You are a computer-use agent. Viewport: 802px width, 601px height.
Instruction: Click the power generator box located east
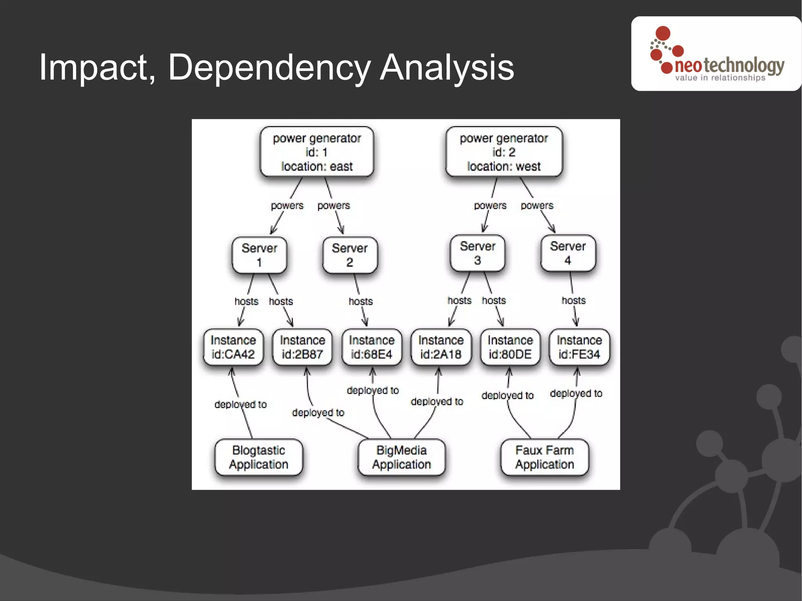pyautogui.click(x=317, y=152)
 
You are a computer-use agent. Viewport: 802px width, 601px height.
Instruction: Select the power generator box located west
pyautogui.click(x=504, y=152)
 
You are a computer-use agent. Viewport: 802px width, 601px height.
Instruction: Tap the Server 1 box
pyautogui.click(x=259, y=255)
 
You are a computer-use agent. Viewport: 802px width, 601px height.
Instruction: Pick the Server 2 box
pyautogui.click(x=350, y=255)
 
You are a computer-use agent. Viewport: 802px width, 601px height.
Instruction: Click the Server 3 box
pyautogui.click(x=477, y=253)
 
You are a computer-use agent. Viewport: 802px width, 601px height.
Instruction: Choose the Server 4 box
pyautogui.click(x=568, y=253)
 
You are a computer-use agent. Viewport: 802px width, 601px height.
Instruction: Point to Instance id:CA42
pyautogui.click(x=233, y=347)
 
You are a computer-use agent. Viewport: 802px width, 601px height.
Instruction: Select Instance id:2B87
pyautogui.click(x=302, y=347)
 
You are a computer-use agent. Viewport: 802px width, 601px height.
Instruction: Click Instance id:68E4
pyautogui.click(x=372, y=347)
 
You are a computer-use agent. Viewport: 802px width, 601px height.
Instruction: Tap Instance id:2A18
pyautogui.click(x=441, y=347)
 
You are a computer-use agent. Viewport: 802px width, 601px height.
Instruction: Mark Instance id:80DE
pyautogui.click(x=510, y=347)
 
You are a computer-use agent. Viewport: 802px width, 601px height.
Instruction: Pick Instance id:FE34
pyautogui.click(x=579, y=347)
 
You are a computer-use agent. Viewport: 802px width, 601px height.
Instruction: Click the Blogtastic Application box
pyautogui.click(x=258, y=457)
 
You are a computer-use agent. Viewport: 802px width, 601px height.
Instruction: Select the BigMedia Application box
pyautogui.click(x=401, y=457)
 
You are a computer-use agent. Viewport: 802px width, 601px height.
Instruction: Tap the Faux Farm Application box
pyautogui.click(x=544, y=457)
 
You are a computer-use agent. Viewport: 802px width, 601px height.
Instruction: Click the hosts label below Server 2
pyautogui.click(x=361, y=301)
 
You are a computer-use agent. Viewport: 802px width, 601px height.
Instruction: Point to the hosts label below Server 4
pyautogui.click(x=574, y=300)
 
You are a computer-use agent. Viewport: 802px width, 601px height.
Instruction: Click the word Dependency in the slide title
pyautogui.click(x=269, y=67)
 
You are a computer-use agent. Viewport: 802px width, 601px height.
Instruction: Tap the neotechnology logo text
pyautogui.click(x=729, y=66)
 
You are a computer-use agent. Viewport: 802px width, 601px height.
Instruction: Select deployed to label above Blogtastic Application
pyautogui.click(x=240, y=404)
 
